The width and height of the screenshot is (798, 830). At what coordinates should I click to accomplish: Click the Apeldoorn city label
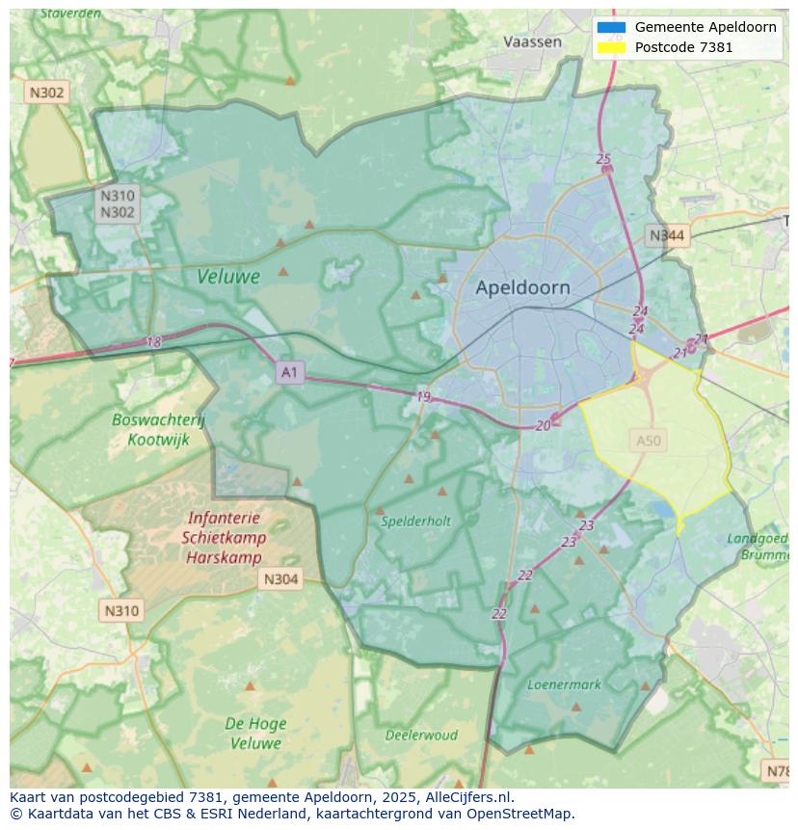point(522,287)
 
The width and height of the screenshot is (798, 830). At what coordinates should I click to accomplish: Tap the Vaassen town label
point(532,41)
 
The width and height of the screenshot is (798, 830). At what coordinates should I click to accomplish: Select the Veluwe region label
point(228,277)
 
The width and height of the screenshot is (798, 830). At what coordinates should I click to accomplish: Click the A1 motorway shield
point(289,371)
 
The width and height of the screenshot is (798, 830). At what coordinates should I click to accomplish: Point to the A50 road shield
point(649,441)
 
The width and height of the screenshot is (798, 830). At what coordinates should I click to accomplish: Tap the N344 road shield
point(666,235)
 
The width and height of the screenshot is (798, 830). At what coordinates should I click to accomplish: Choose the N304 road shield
point(280,579)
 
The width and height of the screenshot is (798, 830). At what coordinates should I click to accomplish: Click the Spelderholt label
point(415,522)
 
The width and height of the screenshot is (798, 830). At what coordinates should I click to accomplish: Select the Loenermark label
point(564,684)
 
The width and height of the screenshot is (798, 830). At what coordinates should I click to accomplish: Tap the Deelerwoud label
point(421,735)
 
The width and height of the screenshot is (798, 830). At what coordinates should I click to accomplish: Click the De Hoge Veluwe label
point(254,734)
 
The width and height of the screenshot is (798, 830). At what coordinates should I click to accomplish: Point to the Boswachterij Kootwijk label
point(158,430)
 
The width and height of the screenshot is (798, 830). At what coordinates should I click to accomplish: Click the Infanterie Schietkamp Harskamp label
point(224,538)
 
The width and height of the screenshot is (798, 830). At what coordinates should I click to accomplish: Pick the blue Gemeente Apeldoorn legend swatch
point(611,27)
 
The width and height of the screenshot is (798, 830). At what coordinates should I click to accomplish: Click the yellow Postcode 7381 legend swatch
point(611,46)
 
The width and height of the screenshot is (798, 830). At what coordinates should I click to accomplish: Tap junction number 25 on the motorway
point(603,159)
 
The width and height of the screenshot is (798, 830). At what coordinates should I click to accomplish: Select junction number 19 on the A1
point(423,397)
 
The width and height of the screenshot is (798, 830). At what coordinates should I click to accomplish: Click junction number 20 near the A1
point(544,425)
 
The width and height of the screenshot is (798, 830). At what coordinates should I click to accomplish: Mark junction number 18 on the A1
point(153,342)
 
